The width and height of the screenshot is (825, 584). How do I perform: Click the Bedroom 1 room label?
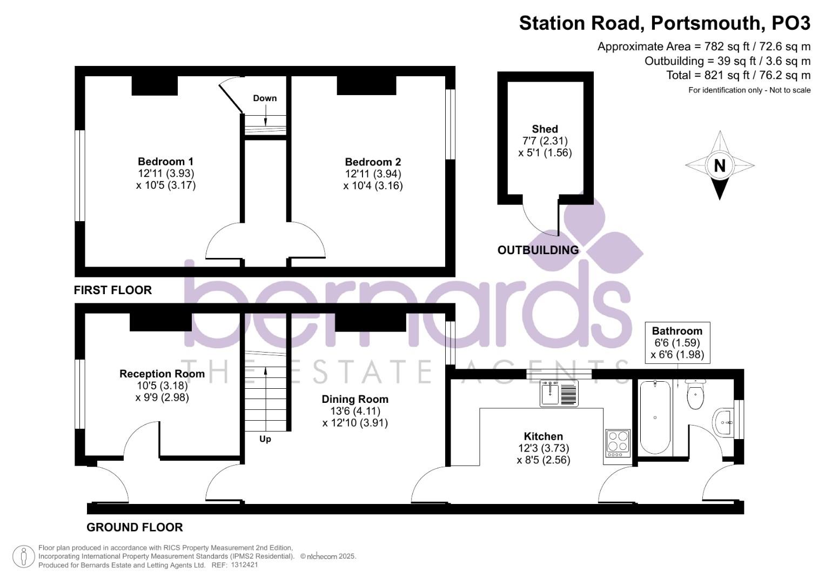pos(165,162)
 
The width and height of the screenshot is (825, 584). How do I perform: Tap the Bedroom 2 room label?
pos(373,162)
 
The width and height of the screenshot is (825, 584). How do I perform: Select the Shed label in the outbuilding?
pos(545,129)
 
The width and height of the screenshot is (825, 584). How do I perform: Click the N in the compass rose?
pos(720,165)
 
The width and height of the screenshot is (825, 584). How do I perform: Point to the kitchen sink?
pos(559,394)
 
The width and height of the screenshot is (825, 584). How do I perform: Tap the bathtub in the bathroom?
pos(655,417)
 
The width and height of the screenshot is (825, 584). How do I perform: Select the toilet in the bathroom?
pos(696,395)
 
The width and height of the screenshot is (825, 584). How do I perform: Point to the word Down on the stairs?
pos(265,98)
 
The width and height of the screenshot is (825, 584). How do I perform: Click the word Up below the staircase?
pos(265,439)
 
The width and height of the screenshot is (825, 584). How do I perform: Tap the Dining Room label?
pos(355,399)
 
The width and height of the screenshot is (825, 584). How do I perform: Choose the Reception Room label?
pos(162,374)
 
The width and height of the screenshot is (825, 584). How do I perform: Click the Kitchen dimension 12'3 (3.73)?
pos(544,448)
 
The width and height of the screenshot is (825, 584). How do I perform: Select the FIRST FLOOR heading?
pos(113,290)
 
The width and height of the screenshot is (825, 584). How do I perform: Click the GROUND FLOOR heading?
pos(135,527)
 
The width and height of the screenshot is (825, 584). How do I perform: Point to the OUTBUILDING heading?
pos(538,250)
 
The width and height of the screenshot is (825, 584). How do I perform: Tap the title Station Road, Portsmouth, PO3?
pos(665,23)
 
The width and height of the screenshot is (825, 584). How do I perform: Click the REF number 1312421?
pos(244,565)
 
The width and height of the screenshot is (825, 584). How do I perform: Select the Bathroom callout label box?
pos(678,342)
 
